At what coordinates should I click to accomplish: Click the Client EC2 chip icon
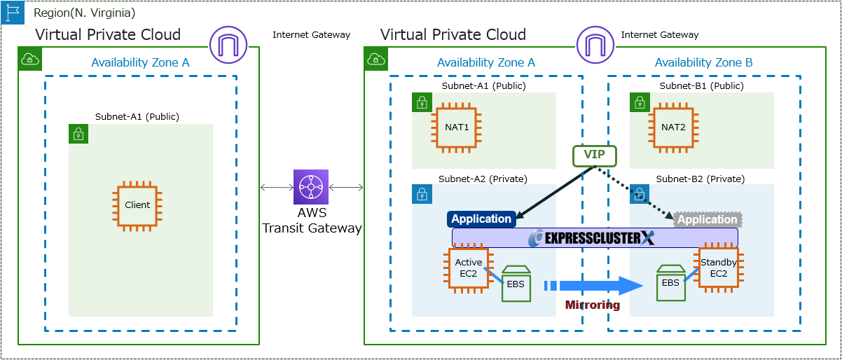[x=137, y=205]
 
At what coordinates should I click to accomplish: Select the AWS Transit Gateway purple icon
[x=310, y=186]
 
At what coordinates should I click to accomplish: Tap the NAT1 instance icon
[x=456, y=127]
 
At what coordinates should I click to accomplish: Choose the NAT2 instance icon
[x=674, y=127]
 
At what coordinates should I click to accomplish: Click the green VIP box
[x=594, y=155]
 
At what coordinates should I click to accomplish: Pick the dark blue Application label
[x=481, y=219]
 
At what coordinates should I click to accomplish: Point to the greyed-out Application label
[x=708, y=219]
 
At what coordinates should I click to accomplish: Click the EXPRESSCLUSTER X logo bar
[x=594, y=237]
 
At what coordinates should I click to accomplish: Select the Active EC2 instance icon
[x=468, y=268]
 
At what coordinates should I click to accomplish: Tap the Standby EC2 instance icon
[x=718, y=268]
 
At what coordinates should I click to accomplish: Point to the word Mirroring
[x=593, y=305]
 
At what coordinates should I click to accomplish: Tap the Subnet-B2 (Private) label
[x=700, y=179]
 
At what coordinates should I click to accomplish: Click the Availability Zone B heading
[x=703, y=63]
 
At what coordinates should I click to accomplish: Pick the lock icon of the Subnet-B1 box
[x=639, y=103]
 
